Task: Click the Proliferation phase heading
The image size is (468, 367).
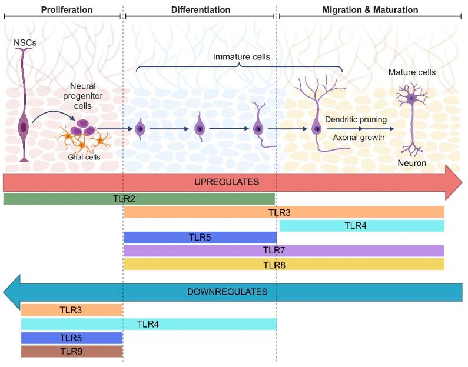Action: click(x=67, y=10)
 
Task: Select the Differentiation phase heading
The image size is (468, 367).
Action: click(x=201, y=10)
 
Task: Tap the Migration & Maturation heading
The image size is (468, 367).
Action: click(x=370, y=10)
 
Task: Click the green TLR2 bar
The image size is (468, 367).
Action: click(x=139, y=199)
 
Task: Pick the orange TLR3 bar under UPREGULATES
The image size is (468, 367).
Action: click(x=284, y=212)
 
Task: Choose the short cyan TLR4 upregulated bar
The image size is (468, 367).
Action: click(x=361, y=225)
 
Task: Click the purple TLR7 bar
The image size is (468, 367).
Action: click(x=284, y=251)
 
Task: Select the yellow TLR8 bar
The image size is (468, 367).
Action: click(x=284, y=264)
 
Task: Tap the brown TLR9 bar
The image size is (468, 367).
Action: click(x=72, y=351)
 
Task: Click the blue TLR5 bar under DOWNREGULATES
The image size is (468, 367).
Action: click(x=72, y=338)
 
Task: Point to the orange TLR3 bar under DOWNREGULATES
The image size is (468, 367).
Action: click(x=72, y=309)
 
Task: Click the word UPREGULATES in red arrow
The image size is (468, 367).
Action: click(x=227, y=182)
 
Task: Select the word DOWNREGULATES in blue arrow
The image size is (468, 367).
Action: click(x=227, y=291)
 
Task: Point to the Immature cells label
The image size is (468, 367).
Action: click(x=241, y=57)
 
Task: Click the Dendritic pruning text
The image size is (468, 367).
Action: click(x=356, y=119)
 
